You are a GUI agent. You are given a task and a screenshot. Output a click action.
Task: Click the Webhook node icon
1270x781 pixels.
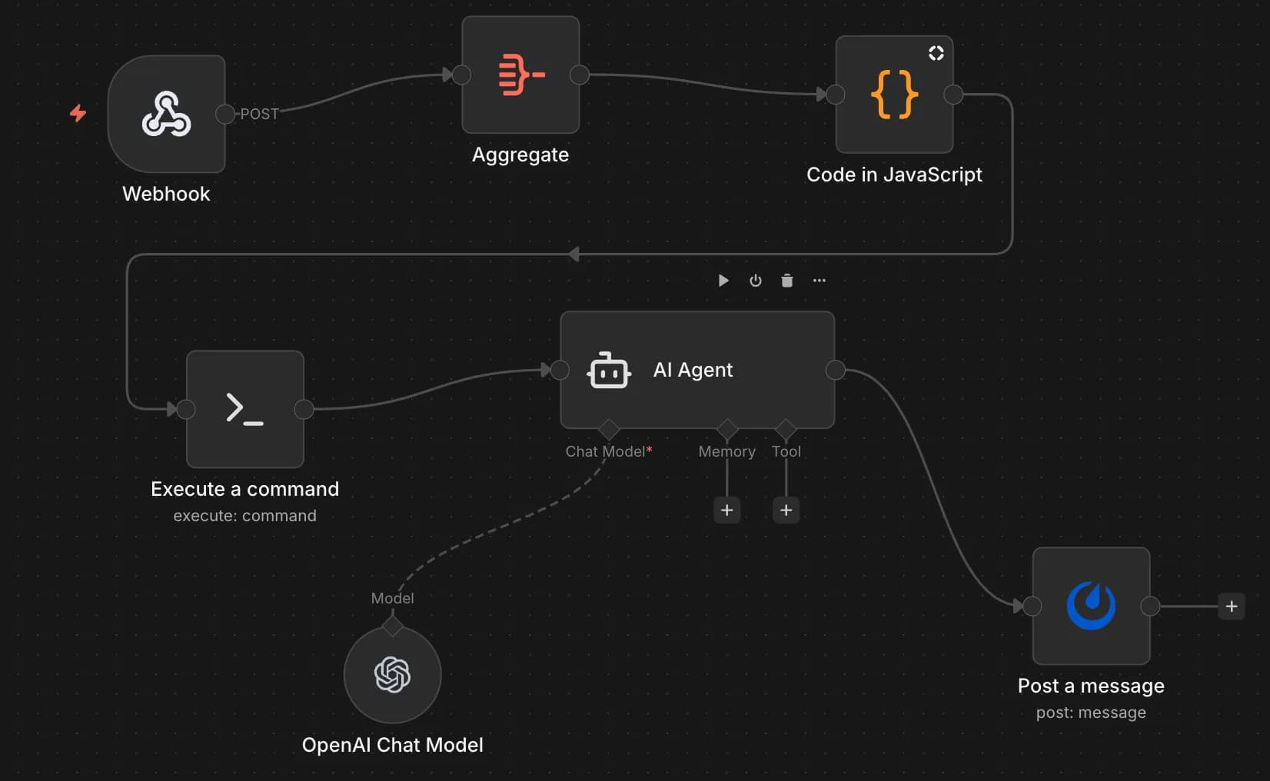tap(166, 114)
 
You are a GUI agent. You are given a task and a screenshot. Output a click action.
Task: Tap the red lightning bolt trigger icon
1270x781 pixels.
tap(78, 113)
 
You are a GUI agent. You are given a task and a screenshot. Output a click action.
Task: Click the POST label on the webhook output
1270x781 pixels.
tap(259, 114)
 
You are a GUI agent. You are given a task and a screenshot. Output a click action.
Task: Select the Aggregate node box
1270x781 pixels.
tap(520, 75)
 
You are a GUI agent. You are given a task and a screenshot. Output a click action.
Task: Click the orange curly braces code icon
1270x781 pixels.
tap(894, 95)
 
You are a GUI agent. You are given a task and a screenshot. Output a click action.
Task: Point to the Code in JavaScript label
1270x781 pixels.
tap(894, 174)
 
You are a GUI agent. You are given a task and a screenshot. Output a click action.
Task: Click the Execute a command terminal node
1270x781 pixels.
tap(245, 409)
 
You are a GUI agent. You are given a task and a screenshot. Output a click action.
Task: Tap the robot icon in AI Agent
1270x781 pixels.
tap(609, 371)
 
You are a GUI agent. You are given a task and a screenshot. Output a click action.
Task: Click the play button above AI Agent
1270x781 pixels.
tap(723, 281)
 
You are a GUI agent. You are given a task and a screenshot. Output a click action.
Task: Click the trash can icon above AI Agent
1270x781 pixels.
tap(786, 281)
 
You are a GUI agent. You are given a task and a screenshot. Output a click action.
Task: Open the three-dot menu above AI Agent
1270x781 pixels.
tap(820, 281)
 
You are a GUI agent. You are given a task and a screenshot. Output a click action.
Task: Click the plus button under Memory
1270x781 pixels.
tap(726, 510)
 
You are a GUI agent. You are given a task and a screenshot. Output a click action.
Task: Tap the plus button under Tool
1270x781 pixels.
tap(786, 510)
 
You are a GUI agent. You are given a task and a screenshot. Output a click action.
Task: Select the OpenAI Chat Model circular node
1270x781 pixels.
tap(392, 675)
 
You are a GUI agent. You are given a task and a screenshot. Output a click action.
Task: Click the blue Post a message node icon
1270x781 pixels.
tap(1091, 606)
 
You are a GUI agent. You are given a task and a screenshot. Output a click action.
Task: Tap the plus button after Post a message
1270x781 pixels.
tap(1231, 606)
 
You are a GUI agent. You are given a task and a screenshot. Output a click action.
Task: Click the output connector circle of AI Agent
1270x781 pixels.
tap(835, 371)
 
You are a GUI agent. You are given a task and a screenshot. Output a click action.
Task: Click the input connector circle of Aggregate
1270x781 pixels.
tap(461, 75)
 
